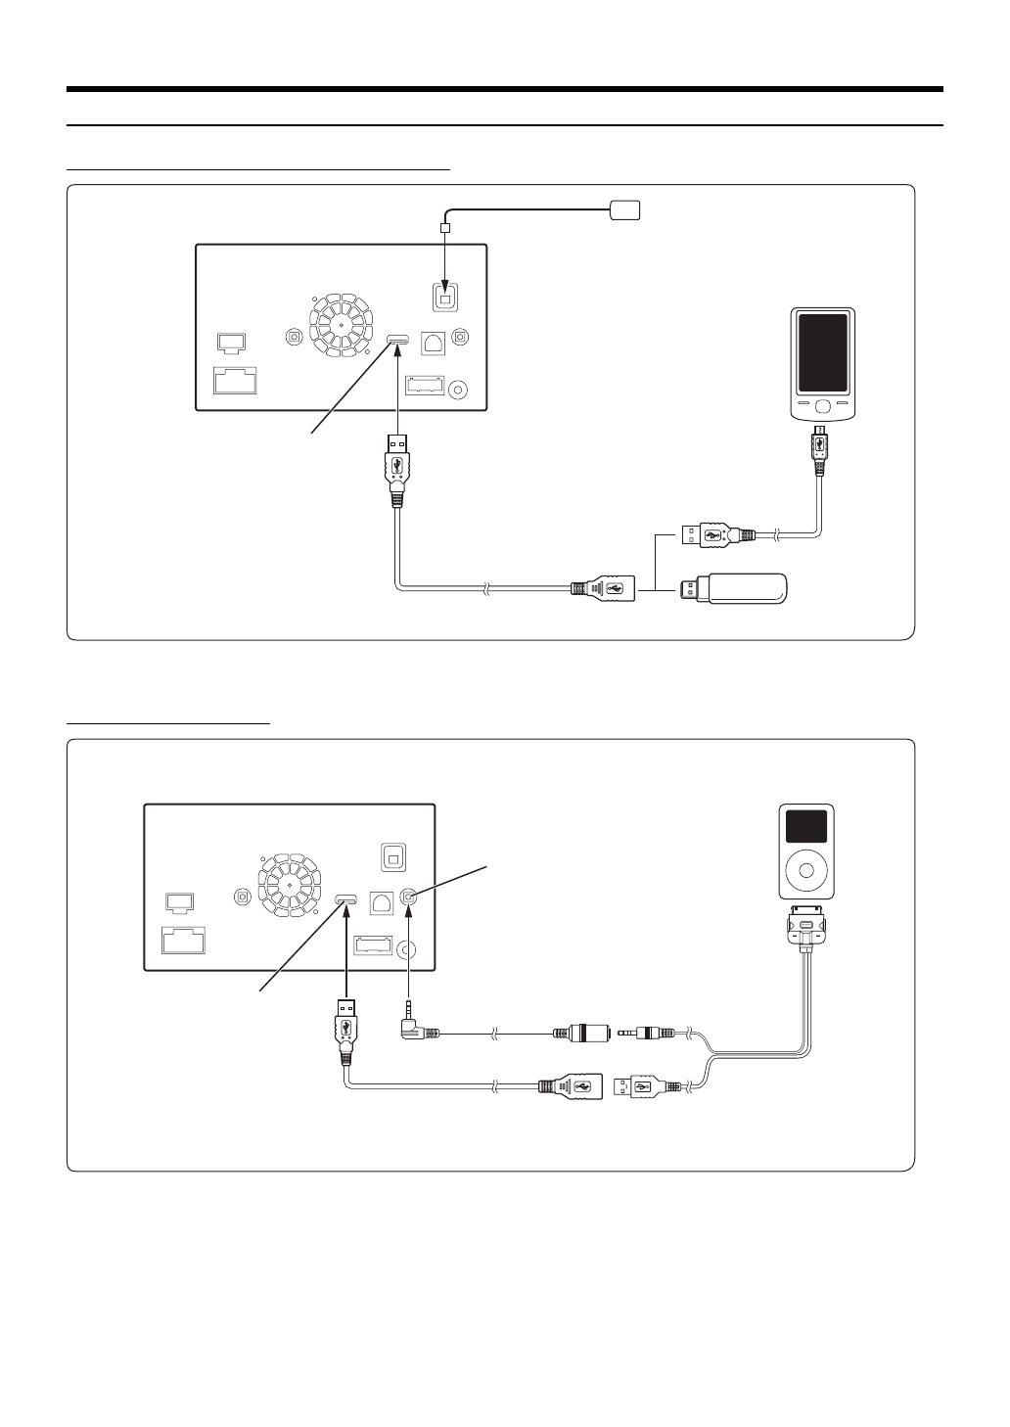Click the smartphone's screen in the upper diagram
coord(823,353)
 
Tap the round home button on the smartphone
coord(823,404)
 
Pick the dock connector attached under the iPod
coord(806,926)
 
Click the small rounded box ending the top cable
coord(624,208)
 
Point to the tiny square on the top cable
coord(445,228)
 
